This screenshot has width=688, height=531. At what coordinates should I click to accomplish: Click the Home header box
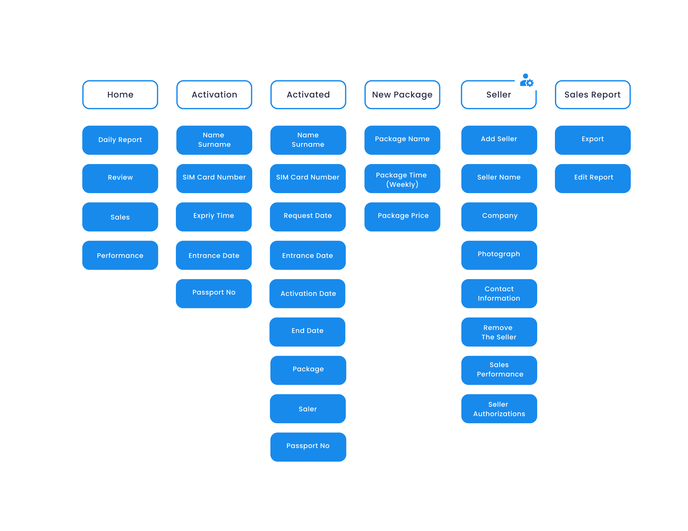click(x=120, y=95)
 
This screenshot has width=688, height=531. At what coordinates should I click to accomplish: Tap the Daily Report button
click(x=120, y=140)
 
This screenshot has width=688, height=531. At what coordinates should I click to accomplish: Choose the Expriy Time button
click(x=214, y=217)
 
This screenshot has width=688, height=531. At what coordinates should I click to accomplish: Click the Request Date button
click(x=308, y=217)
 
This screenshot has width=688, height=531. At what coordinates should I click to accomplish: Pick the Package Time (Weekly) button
click(x=402, y=178)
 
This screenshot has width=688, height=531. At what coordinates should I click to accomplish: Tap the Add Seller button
click(x=499, y=140)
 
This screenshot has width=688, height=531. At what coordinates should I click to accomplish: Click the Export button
click(x=593, y=140)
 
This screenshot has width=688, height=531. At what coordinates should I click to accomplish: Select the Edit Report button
click(x=593, y=178)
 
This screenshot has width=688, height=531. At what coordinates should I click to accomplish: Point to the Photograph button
click(x=499, y=255)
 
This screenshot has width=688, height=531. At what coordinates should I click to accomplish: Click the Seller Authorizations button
click(x=499, y=409)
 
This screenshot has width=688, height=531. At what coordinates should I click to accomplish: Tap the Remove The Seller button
click(x=499, y=332)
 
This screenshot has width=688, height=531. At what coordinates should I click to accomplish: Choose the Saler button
click(x=308, y=409)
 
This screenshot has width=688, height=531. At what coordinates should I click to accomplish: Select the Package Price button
click(x=402, y=217)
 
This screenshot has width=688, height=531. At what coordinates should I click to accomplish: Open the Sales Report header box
click(x=593, y=95)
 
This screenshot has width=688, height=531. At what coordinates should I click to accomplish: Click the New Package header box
click(x=402, y=95)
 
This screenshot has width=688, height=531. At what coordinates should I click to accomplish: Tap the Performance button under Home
click(x=120, y=255)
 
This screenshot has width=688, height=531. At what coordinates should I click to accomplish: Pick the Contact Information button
click(x=499, y=293)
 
